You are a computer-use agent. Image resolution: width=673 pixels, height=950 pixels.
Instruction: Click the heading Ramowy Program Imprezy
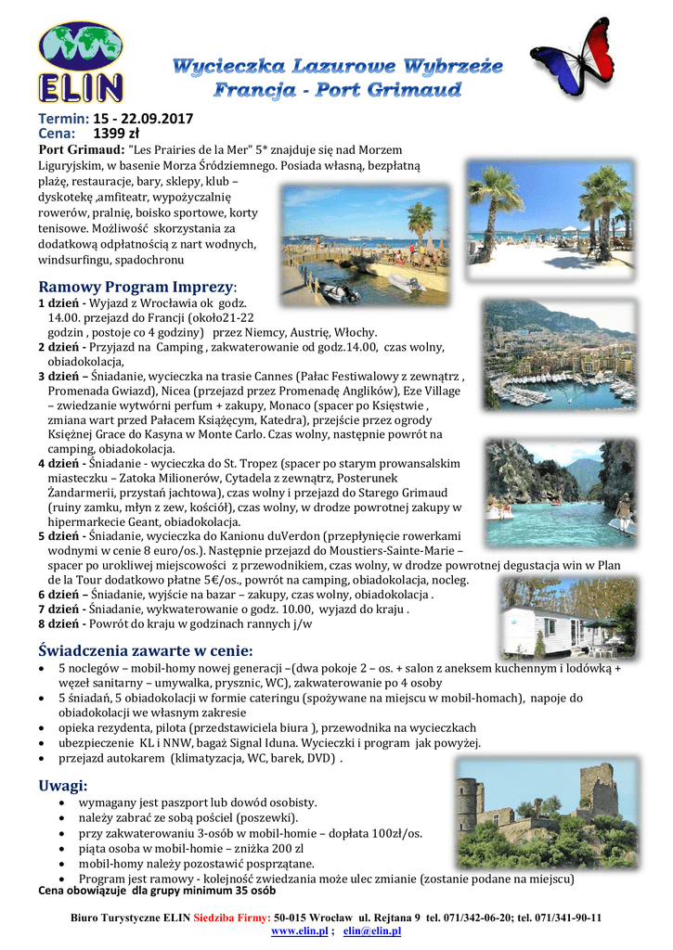click(x=137, y=287)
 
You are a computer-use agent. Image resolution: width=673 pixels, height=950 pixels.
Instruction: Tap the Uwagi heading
click(x=63, y=785)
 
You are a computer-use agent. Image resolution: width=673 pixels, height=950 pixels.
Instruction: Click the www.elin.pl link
click(x=298, y=931)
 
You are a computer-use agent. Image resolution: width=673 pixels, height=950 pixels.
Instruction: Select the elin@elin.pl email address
click(x=371, y=931)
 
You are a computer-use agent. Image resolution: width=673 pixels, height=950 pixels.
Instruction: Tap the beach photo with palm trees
click(x=551, y=222)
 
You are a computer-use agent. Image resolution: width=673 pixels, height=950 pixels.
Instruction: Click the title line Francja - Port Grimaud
click(x=337, y=90)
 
